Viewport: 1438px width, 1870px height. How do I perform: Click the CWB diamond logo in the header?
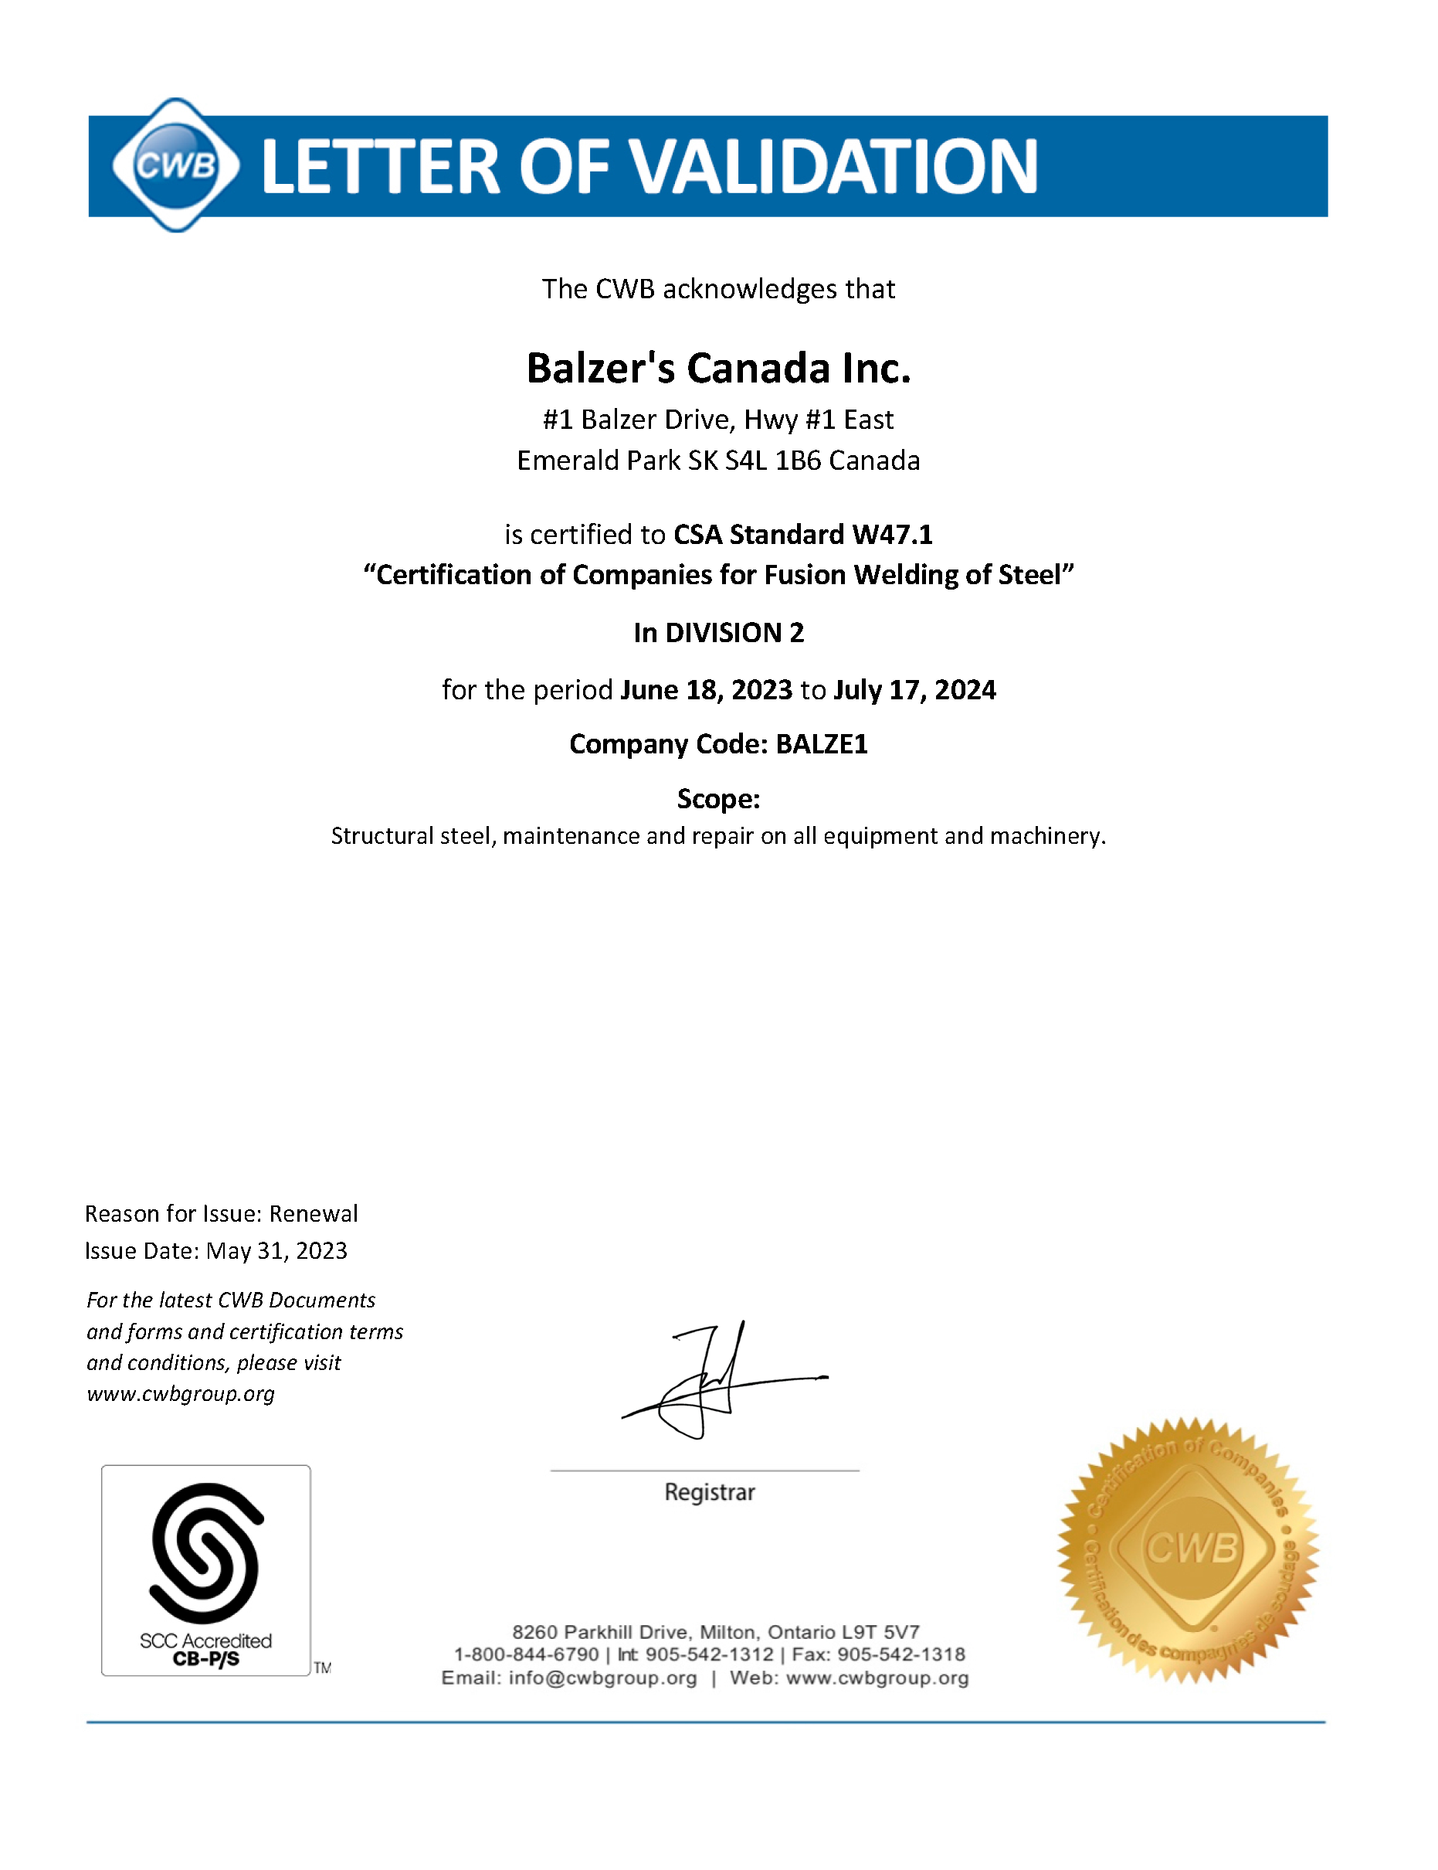(175, 165)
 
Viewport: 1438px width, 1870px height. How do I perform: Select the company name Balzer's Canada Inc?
(718, 368)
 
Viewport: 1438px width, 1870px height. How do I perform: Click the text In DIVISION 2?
(718, 633)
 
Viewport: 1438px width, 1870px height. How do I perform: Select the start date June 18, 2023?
(706, 690)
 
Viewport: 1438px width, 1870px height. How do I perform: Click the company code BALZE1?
(822, 744)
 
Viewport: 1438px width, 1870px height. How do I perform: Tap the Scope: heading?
(718, 799)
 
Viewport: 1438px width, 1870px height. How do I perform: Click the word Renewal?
(314, 1213)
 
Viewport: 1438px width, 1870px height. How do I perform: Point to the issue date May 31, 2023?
(276, 1251)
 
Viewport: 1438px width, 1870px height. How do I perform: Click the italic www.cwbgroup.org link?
(181, 1394)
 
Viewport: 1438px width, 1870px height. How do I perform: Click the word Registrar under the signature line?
(710, 1492)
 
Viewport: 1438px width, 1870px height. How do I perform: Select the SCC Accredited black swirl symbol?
(205, 1553)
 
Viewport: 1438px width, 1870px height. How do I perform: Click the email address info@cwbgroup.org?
(602, 1678)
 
